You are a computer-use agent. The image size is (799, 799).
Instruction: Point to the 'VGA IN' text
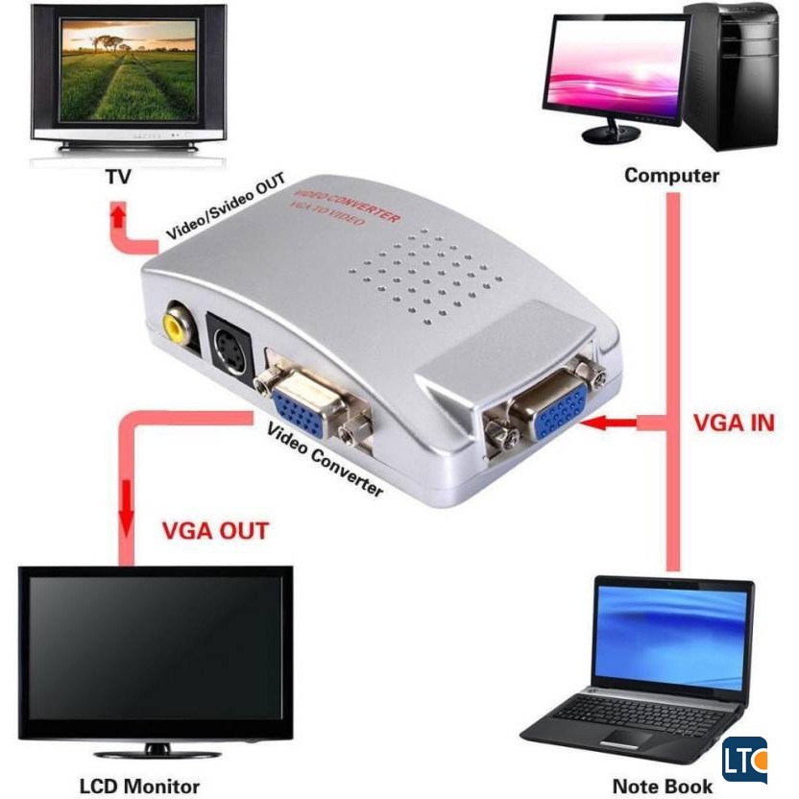click(733, 423)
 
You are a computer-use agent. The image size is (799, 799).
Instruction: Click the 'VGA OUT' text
click(214, 530)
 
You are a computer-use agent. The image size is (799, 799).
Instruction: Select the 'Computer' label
click(671, 176)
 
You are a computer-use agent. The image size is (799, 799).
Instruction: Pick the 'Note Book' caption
click(663, 785)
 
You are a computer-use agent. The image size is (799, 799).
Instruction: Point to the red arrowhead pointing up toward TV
click(117, 213)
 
